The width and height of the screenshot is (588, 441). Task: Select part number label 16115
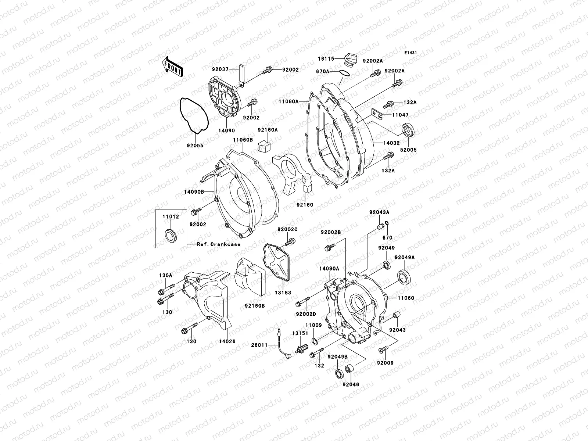pos(326,59)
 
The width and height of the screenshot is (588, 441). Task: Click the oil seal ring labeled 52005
pos(408,130)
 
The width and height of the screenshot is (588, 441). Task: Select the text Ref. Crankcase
pos(214,244)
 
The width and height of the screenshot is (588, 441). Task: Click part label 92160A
pos(267,130)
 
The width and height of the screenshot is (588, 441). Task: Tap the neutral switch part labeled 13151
pos(303,347)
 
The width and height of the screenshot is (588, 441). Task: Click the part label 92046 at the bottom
pos(351,385)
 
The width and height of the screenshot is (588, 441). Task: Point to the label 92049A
pos(405,258)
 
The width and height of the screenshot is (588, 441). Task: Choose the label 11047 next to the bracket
pos(400,115)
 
